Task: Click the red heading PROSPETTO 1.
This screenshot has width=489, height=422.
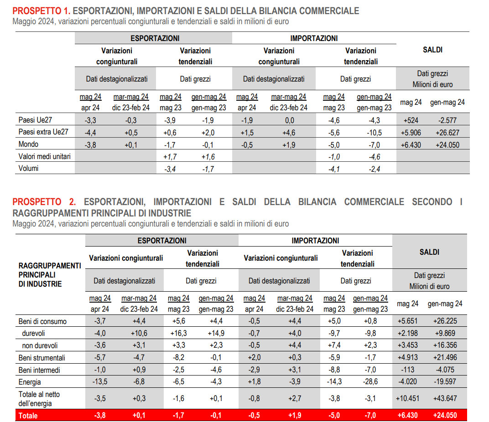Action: pos(41,11)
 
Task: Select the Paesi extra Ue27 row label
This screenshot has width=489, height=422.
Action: pos(43,132)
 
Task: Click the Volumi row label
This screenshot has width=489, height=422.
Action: pos(28,168)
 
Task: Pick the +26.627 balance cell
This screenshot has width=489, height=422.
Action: pos(447,133)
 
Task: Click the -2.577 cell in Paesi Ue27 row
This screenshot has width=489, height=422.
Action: pos(447,121)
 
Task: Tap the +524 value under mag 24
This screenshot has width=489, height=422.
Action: pos(410,121)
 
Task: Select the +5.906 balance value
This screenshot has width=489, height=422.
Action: pos(409,133)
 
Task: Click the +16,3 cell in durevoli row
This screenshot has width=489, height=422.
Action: pos(178,333)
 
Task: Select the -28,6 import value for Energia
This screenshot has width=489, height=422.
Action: pos(370,381)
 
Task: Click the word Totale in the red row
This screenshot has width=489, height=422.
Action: pos(28,416)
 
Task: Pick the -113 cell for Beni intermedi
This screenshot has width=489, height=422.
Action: pos(408,370)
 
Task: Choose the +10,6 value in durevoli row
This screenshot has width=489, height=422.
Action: pos(139,333)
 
